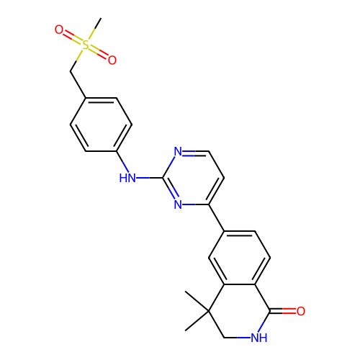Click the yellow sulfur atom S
pos(86,45)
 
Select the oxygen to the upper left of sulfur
pos(59,30)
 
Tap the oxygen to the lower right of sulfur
pos(112,60)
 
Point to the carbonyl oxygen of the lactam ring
pos(301,311)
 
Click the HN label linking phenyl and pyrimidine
pos(127,178)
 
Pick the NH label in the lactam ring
pos(259,338)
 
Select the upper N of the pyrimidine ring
pos(178,151)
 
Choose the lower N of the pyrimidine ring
pos(178,204)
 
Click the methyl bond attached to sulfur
pos(95,29)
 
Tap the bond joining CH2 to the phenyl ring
pos(78,84)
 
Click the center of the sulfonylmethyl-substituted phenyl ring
pos(101,125)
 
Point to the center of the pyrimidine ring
pos(193,178)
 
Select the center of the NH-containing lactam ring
pos(240,311)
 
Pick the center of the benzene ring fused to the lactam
pos(240,258)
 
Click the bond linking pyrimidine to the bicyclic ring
pos(217,218)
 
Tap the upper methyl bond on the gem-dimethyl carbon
pos(197,301)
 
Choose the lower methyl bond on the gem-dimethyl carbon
pos(197,321)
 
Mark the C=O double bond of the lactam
pos(283,311)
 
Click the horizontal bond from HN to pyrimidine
pos(149,178)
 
